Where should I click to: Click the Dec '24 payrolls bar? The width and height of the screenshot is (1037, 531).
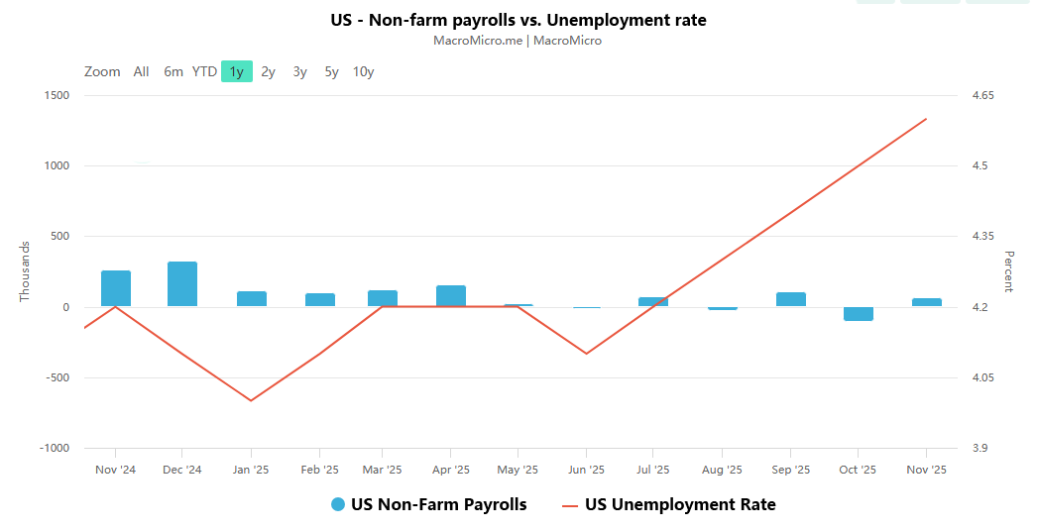[182, 284]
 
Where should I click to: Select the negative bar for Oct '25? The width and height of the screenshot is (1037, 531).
[859, 313]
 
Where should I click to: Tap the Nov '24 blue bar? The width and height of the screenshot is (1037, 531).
[116, 288]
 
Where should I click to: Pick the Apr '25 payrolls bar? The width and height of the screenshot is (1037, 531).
[451, 296]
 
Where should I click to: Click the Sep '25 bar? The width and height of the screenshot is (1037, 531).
[791, 299]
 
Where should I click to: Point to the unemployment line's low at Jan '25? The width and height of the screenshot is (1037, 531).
[251, 400]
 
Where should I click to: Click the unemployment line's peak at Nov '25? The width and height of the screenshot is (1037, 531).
[926, 119]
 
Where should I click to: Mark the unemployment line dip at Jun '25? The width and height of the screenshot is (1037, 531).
[587, 354]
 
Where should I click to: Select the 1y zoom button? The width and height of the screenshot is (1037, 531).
[237, 71]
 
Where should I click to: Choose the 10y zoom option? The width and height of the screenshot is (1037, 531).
[364, 71]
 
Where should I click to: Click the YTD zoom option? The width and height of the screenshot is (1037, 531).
[204, 71]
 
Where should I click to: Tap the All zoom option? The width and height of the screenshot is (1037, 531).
[142, 71]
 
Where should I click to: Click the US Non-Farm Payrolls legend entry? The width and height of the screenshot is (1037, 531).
[429, 504]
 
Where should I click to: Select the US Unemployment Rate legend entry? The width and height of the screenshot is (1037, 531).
[669, 504]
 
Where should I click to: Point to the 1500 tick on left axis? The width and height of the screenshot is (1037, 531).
[56, 95]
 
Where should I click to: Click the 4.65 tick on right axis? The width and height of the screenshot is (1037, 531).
[983, 95]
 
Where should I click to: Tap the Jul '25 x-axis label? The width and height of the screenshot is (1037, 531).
[653, 470]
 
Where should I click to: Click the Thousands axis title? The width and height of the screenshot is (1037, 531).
[25, 271]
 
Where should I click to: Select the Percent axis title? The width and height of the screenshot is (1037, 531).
[1008, 271]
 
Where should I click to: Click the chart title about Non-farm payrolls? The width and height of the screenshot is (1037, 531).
[518, 20]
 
